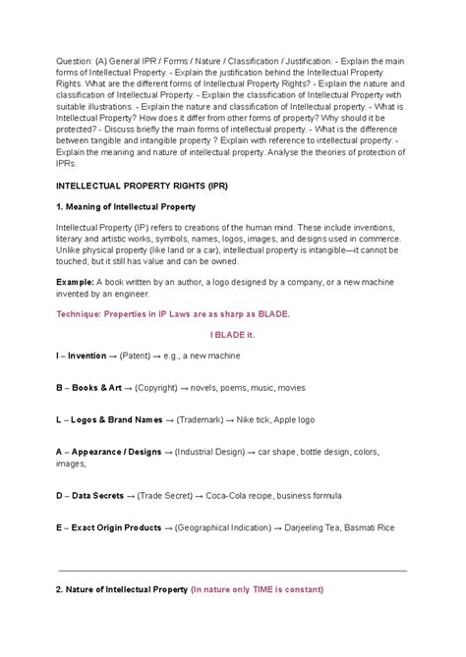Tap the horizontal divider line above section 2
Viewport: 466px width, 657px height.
point(232,570)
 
